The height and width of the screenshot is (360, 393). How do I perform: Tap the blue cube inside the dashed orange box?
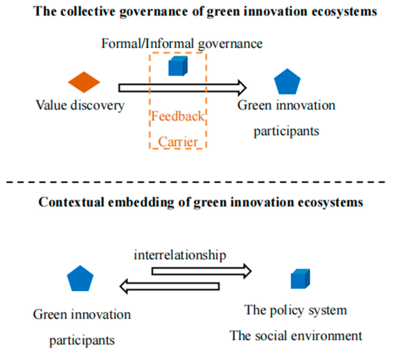(x=177, y=66)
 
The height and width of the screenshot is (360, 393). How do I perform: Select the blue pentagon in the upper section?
(x=288, y=83)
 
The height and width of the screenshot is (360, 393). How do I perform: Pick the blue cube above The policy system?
(x=300, y=279)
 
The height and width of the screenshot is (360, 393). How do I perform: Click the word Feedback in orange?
(x=178, y=117)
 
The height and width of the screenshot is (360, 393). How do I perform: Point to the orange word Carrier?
(x=178, y=141)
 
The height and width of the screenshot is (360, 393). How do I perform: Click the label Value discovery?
(x=80, y=105)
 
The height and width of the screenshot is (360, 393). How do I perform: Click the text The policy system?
(x=295, y=311)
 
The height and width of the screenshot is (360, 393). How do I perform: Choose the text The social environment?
(x=296, y=335)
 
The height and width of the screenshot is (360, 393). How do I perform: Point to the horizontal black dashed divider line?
(x=196, y=183)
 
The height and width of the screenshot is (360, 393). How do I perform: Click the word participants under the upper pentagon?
(x=287, y=131)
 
